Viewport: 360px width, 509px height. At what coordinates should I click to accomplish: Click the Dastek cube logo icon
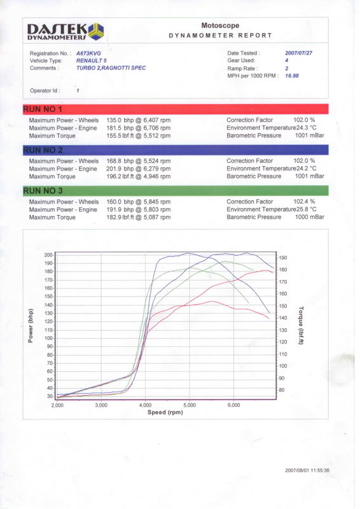point(96,32)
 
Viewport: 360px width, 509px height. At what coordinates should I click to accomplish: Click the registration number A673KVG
point(88,53)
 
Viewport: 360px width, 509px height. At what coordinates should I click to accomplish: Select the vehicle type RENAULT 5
point(91,60)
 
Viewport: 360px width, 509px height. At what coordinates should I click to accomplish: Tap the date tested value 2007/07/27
point(299,53)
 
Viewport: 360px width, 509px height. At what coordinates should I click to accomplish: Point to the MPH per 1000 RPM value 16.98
point(292,76)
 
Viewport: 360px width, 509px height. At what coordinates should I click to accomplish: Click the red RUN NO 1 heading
point(43,109)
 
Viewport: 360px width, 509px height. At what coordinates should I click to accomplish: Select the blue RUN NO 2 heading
point(43,150)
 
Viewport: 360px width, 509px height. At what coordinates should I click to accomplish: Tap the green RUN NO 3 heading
point(43,191)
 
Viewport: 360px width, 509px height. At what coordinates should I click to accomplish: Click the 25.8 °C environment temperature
point(307,209)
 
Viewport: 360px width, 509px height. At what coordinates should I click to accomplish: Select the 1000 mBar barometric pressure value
point(309,217)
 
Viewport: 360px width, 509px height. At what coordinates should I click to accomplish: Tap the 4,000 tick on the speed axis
point(145,405)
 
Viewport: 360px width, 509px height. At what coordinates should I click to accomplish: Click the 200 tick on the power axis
point(48,255)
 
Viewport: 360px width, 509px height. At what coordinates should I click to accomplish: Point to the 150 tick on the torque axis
point(283,306)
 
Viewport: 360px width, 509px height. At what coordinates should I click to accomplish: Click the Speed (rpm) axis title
point(165,412)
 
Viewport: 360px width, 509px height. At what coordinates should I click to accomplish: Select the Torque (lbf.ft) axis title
point(301,325)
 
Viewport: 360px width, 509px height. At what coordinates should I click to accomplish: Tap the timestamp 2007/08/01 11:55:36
point(307,470)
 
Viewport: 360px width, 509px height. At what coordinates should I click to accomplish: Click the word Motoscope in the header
point(220,25)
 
